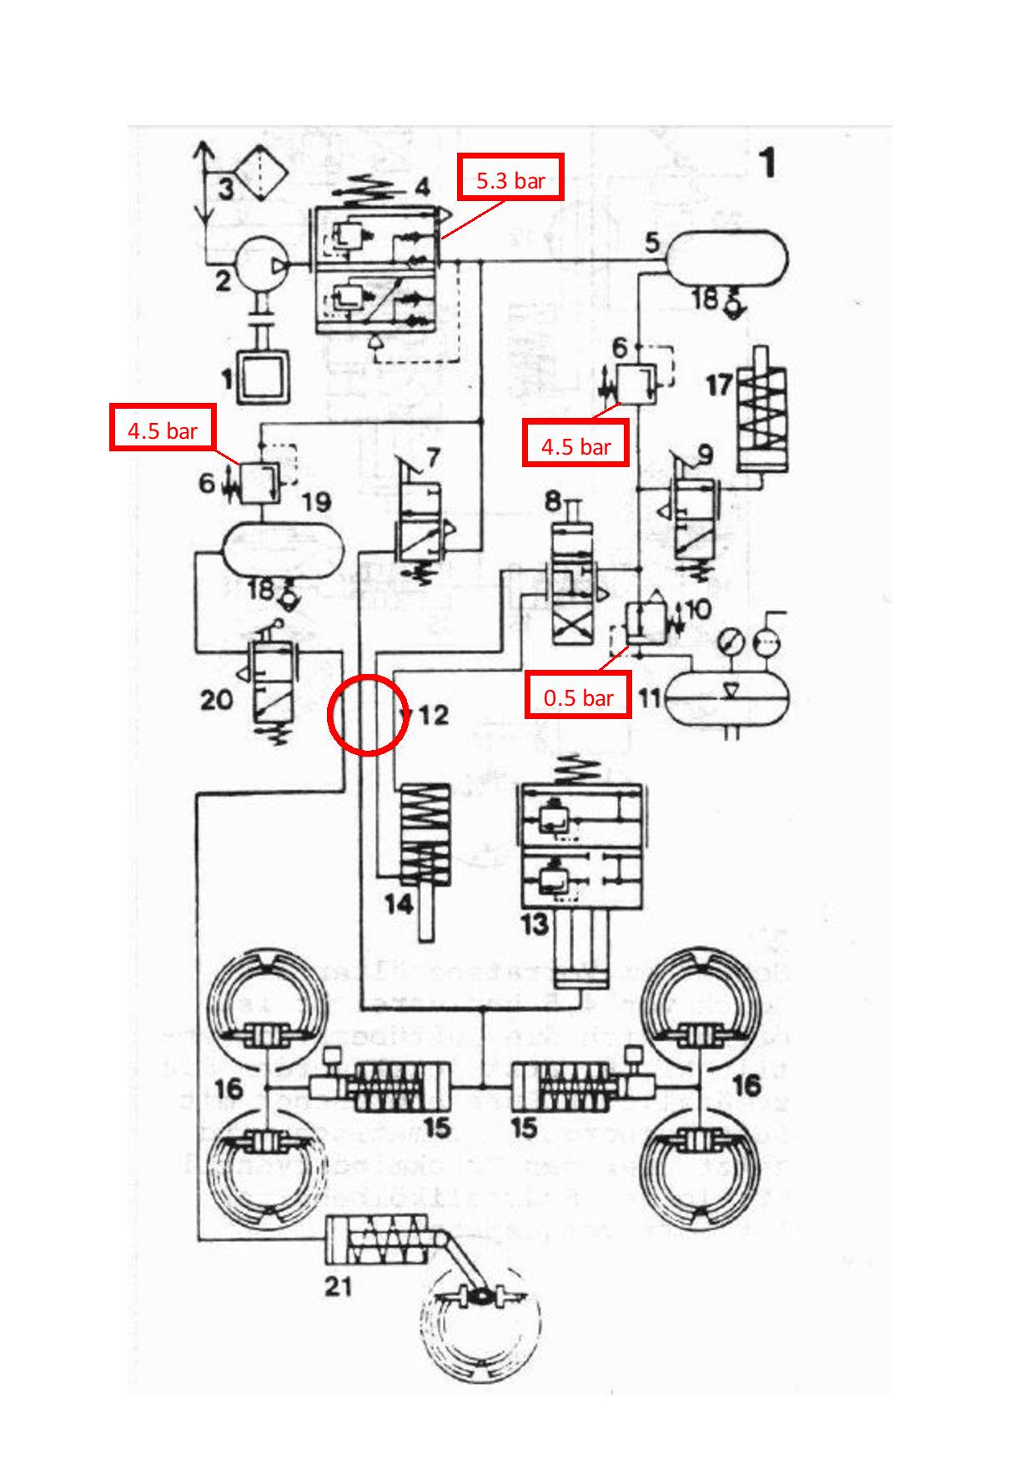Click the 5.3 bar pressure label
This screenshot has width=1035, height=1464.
510,178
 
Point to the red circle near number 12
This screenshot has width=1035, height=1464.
368,715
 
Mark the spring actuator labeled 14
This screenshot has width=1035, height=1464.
425,843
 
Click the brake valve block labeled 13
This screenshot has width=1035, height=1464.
582,847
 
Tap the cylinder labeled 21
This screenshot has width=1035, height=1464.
380,1243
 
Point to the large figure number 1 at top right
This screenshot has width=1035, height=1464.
767,163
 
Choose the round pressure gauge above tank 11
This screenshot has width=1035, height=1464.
731,643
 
